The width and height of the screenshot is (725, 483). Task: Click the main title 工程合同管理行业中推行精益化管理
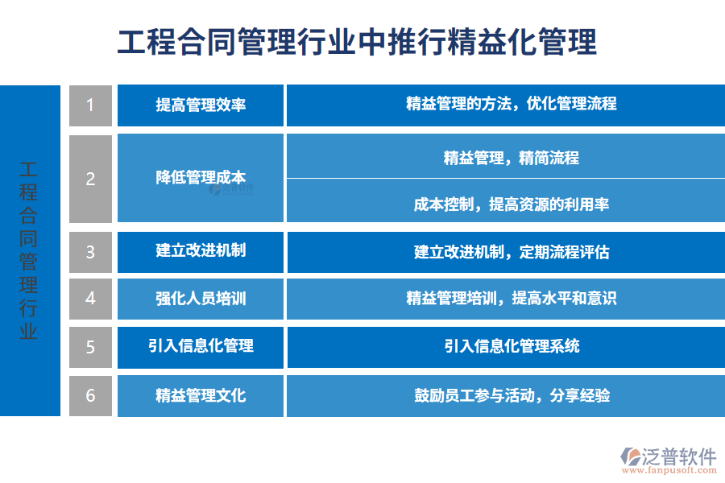click(x=357, y=41)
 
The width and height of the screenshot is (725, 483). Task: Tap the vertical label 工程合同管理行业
click(x=29, y=250)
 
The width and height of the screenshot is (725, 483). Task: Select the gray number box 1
click(x=90, y=105)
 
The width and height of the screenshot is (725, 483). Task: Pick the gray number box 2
click(x=90, y=179)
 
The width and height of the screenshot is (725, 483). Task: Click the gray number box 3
click(x=90, y=252)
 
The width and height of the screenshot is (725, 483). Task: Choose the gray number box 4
click(x=90, y=299)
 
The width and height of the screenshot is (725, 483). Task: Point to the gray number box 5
click(x=90, y=347)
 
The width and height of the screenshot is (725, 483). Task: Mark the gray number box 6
click(x=90, y=395)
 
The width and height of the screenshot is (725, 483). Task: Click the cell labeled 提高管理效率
click(x=201, y=105)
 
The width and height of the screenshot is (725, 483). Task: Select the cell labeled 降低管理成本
click(x=201, y=178)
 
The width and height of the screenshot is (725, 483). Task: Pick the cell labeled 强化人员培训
click(x=201, y=299)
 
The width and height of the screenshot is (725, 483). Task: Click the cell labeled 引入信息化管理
click(x=201, y=346)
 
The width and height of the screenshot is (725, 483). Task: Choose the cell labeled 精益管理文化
click(x=201, y=395)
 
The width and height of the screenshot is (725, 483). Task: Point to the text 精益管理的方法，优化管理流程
click(x=512, y=104)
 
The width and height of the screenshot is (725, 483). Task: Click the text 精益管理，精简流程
click(x=512, y=158)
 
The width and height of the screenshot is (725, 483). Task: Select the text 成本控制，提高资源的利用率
click(x=512, y=204)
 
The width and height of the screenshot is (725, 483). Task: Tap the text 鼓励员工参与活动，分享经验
click(x=512, y=395)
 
